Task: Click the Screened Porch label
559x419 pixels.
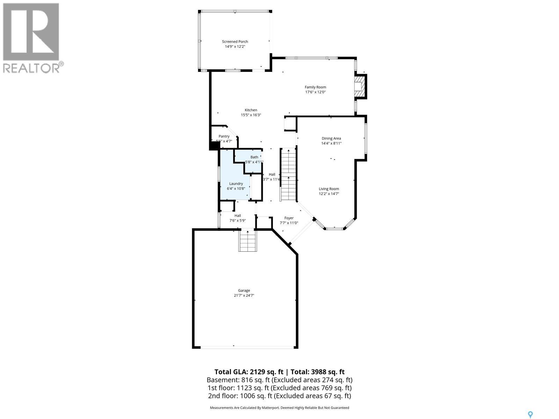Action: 235,42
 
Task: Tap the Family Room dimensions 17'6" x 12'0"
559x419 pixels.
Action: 315,92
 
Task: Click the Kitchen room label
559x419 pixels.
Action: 251,110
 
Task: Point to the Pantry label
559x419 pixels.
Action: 224,136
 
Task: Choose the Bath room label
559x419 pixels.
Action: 254,157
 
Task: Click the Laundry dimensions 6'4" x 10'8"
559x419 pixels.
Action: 236,189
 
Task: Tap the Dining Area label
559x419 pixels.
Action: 331,138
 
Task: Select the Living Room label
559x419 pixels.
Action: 329,189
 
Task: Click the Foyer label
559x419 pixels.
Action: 289,218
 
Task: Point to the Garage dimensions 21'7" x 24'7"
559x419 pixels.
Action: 244,295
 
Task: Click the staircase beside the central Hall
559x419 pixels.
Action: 289,175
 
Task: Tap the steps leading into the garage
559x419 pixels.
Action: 248,241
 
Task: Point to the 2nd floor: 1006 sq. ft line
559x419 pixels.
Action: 279,396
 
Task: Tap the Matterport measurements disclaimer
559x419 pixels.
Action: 279,407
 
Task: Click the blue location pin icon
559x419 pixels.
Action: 530,414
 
